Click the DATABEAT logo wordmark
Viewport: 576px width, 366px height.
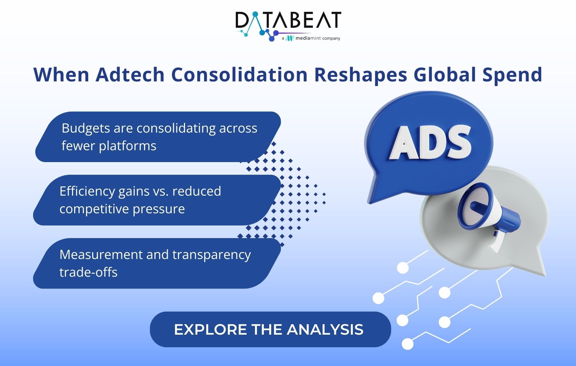click(288, 20)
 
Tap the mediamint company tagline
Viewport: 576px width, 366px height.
click(311, 38)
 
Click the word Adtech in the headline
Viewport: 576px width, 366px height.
click(130, 75)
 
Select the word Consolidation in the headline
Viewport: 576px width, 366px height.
click(239, 75)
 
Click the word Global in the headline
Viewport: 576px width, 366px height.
click(445, 75)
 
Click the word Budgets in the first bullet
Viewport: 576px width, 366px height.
click(86, 129)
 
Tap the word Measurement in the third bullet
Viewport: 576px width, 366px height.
click(101, 255)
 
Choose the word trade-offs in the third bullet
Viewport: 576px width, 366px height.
click(89, 272)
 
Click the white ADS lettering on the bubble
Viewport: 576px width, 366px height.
click(430, 142)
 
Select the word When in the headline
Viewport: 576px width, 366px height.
click(61, 75)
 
